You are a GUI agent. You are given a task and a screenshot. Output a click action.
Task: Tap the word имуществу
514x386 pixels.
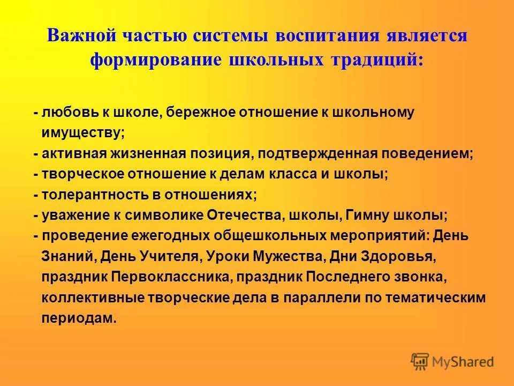click(x=83, y=132)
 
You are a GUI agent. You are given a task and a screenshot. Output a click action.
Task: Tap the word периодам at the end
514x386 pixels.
click(x=78, y=318)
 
